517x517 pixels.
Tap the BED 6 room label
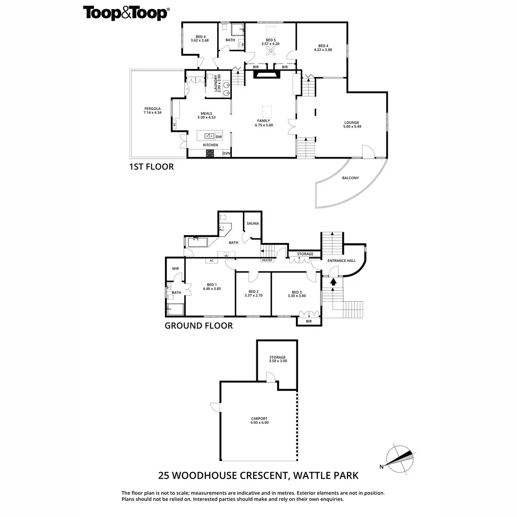pyautogui.click(x=199, y=37)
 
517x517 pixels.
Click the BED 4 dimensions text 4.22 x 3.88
pyautogui.click(x=323, y=50)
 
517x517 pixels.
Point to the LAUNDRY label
pyautogui.click(x=217, y=83)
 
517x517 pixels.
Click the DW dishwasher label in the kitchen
pyautogui.click(x=219, y=137)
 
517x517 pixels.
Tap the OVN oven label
pyautogui.click(x=227, y=153)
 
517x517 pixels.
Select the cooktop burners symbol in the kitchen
pyautogui.click(x=211, y=153)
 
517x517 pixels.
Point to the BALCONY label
pyautogui.click(x=350, y=178)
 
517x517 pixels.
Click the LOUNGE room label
pyautogui.click(x=352, y=122)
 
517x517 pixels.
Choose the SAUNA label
pyautogui.click(x=252, y=224)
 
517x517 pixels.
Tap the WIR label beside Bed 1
pyautogui.click(x=175, y=268)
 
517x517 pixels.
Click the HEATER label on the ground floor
pyautogui.click(x=267, y=260)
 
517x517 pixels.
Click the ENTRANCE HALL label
pyautogui.click(x=342, y=261)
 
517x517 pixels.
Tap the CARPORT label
pyautogui.click(x=259, y=418)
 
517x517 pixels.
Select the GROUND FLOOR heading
pyautogui.click(x=199, y=326)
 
